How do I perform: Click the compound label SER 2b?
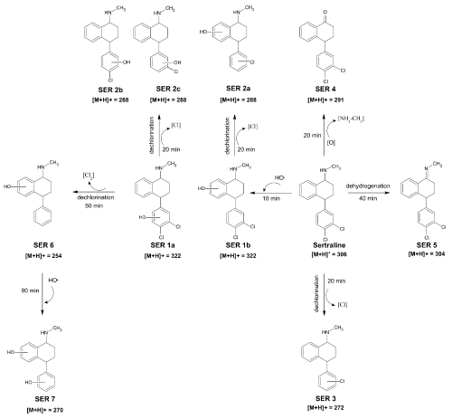(110, 90)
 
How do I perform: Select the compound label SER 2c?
(168, 89)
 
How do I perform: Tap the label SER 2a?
(238, 88)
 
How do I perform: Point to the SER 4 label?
(325, 89)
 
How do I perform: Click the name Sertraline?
(329, 245)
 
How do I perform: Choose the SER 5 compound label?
(427, 244)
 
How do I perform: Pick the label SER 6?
(43, 245)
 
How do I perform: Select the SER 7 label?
(45, 399)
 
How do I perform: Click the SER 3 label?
(325, 398)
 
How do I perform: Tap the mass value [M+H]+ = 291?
(325, 100)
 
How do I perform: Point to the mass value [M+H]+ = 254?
(43, 256)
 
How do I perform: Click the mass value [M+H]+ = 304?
(427, 254)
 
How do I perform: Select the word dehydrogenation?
(368, 186)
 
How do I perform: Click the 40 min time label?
(368, 198)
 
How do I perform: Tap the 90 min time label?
(30, 290)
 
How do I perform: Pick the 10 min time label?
(271, 198)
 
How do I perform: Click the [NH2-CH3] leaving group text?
(351, 119)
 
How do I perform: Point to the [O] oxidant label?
(331, 143)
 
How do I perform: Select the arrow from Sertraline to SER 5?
(369, 192)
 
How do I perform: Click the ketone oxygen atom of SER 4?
(325, 13)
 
